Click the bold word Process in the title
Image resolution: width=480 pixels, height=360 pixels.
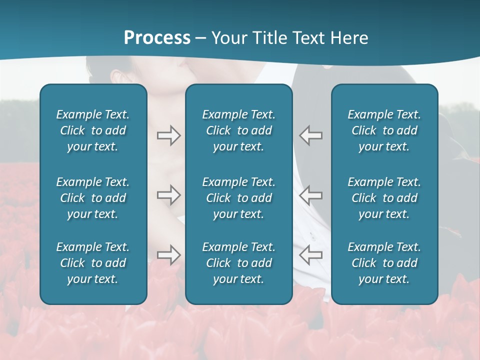pyautogui.click(x=157, y=37)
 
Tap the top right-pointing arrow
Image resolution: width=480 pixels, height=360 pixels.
pyautogui.click(x=168, y=135)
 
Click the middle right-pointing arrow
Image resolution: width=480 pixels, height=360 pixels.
pyautogui.click(x=168, y=195)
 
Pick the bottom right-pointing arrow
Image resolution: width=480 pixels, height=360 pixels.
pyautogui.click(x=168, y=254)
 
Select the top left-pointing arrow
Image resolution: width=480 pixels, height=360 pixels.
pyautogui.click(x=311, y=135)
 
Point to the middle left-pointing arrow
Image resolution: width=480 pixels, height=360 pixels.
pyautogui.click(x=311, y=195)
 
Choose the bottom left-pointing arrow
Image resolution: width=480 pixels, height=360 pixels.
pyautogui.click(x=311, y=254)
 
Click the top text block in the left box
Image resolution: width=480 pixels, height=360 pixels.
pyautogui.click(x=93, y=130)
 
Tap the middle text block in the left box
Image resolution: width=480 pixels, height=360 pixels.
pyautogui.click(x=93, y=198)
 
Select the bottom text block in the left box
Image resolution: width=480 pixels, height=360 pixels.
pyautogui.click(x=93, y=263)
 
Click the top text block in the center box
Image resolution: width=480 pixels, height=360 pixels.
pyautogui.click(x=238, y=130)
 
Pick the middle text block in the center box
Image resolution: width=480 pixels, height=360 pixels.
pyautogui.click(x=238, y=198)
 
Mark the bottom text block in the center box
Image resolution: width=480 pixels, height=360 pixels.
pyautogui.click(x=238, y=263)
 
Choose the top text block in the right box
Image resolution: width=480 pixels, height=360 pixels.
pyautogui.click(x=384, y=130)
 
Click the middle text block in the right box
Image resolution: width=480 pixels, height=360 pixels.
pyautogui.click(x=384, y=198)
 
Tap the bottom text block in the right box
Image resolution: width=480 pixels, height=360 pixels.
pyautogui.click(x=384, y=263)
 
